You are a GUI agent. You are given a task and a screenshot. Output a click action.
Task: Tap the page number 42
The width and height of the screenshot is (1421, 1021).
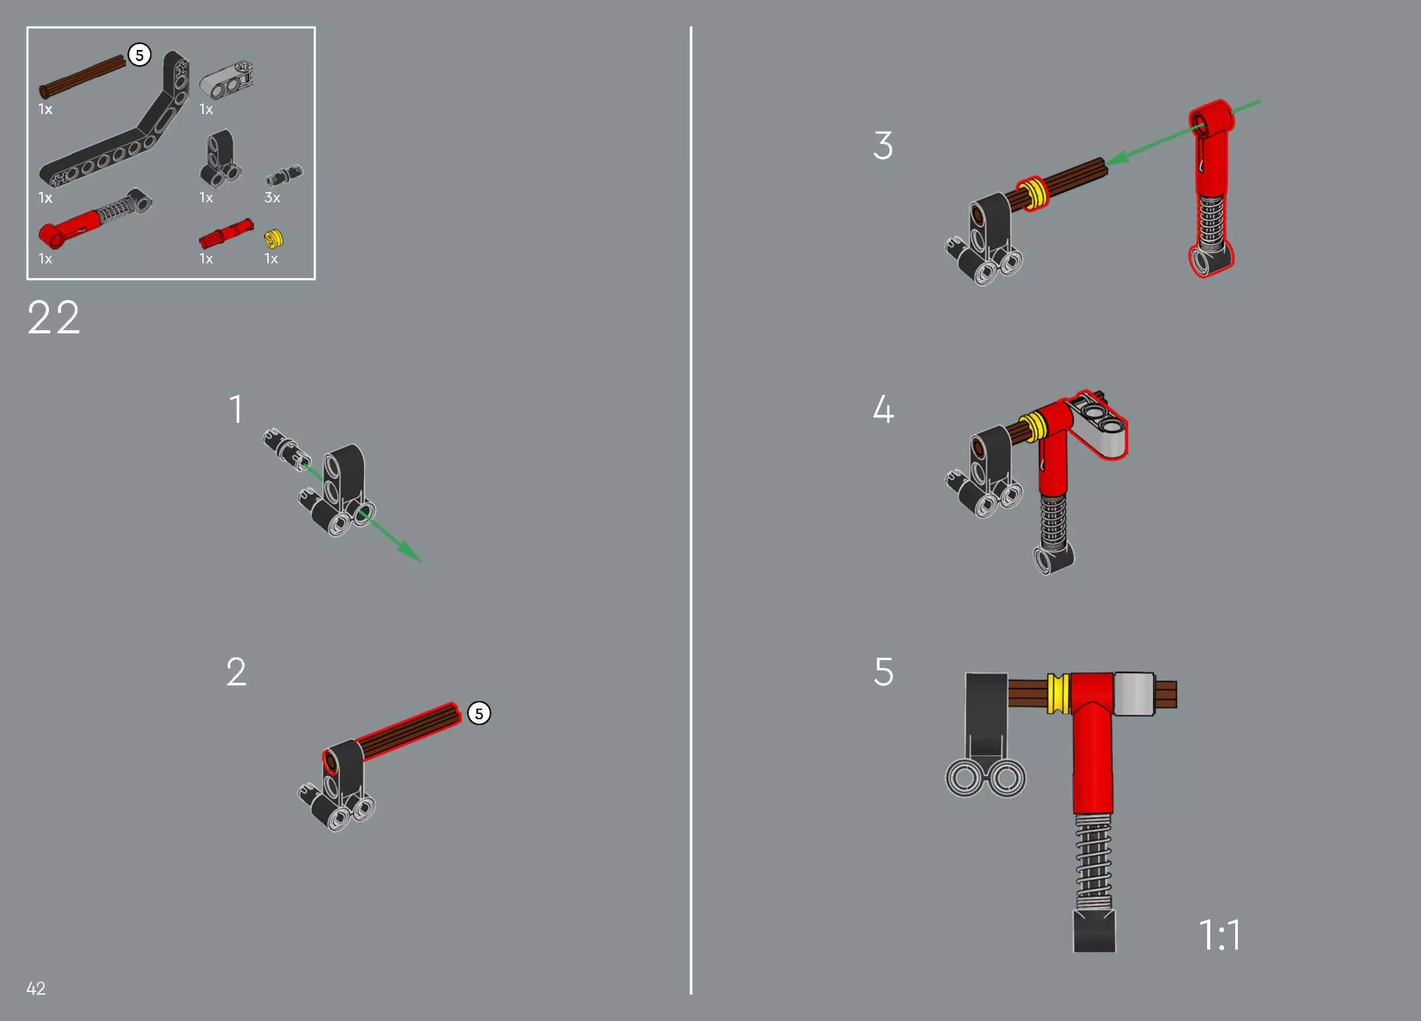click(x=36, y=988)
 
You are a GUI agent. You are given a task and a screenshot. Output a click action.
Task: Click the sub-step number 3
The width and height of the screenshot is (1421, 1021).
click(x=883, y=145)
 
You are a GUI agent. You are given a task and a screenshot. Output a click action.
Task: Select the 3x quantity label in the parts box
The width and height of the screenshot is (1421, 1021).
click(x=272, y=197)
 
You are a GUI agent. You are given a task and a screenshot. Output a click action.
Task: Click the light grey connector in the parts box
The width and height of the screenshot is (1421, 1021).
click(x=226, y=80)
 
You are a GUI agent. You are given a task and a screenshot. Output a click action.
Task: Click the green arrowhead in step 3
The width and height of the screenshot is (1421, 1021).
click(x=1117, y=158)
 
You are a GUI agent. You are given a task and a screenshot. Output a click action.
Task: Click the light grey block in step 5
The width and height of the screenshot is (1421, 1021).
click(x=1134, y=694)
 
